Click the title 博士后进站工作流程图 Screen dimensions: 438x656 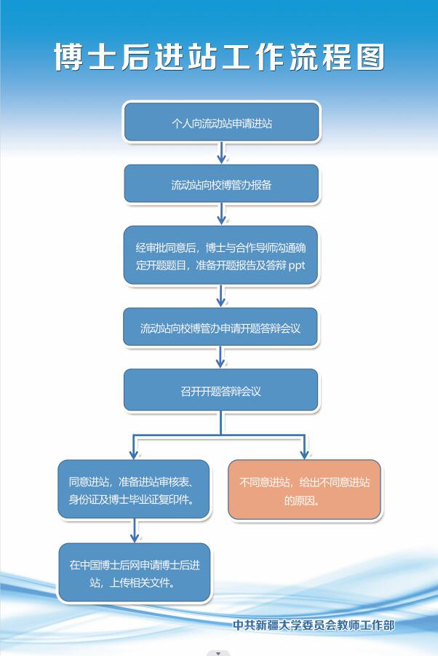220,57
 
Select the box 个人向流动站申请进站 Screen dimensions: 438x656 221,122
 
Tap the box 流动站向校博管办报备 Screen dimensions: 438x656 221,183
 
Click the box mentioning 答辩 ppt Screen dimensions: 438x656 220,256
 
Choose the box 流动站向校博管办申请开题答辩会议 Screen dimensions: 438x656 220,327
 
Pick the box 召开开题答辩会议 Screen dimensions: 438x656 220,390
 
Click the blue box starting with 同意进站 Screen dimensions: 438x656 133,489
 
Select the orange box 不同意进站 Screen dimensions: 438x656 304,489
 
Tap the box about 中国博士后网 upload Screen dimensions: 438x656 134,572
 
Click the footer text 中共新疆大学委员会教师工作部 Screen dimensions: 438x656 314,625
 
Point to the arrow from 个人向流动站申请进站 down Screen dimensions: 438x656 221,153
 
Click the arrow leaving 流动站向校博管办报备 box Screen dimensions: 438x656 221,214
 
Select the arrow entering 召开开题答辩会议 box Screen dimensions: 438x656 220,357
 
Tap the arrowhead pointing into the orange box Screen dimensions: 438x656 304,454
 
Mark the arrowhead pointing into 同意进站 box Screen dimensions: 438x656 133,454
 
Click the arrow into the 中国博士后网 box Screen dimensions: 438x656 134,531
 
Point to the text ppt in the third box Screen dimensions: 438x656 297,265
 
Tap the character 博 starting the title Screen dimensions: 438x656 68,57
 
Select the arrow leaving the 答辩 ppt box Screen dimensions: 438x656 220,296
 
